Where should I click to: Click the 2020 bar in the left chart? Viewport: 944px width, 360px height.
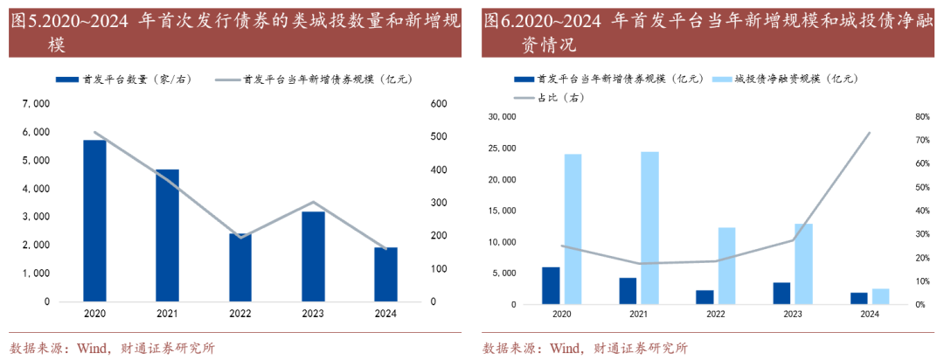pyautogui.click(x=94, y=220)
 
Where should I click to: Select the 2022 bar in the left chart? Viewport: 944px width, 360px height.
pyautogui.click(x=239, y=267)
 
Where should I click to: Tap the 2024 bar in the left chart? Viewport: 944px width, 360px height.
pyautogui.click(x=385, y=274)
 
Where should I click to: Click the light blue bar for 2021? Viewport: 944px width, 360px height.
pyautogui.click(x=649, y=228)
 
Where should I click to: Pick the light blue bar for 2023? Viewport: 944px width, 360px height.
pyautogui.click(x=803, y=264)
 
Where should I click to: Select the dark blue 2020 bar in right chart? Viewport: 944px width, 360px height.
pyautogui.click(x=551, y=286)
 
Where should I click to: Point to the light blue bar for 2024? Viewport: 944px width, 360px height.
pyautogui.click(x=880, y=296)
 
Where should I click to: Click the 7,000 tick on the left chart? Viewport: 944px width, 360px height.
pyautogui.click(x=36, y=104)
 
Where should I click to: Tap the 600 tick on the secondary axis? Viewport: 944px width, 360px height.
pyautogui.click(x=439, y=104)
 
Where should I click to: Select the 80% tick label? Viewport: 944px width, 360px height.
pyautogui.click(x=921, y=116)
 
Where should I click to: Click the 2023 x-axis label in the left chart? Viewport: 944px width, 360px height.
pyautogui.click(x=313, y=314)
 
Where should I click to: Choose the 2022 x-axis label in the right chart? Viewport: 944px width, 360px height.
pyautogui.click(x=715, y=314)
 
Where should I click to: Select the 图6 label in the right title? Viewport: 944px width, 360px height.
pyautogui.click(x=498, y=20)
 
